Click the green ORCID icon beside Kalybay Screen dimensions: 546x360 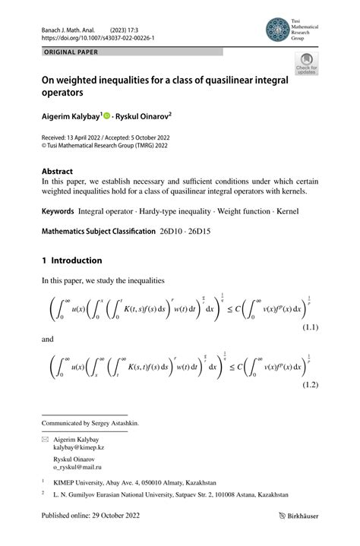108,116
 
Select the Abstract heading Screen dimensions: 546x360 57,172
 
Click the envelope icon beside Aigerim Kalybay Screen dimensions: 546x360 45,440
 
